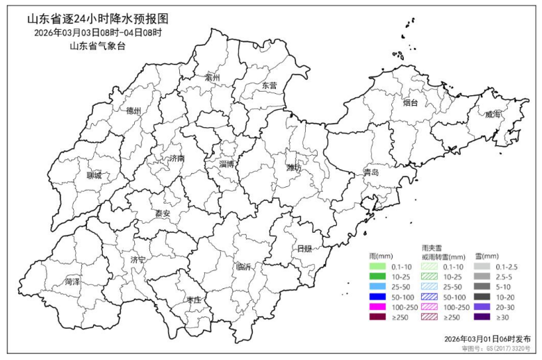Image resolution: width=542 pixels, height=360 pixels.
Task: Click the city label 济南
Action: (x=176, y=158)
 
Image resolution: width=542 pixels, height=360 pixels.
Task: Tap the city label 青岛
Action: (x=371, y=172)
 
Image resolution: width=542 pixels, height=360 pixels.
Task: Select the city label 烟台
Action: (x=410, y=103)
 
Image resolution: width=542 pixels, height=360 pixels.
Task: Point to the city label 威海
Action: (x=493, y=114)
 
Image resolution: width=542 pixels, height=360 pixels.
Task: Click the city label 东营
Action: (x=269, y=85)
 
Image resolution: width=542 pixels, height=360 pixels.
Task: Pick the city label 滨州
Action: (x=212, y=78)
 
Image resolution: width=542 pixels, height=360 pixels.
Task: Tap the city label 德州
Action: (x=133, y=111)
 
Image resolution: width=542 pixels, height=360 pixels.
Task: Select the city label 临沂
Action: (x=243, y=266)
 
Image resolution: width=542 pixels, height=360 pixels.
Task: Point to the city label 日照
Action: (x=304, y=248)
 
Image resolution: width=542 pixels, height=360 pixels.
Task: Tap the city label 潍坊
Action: (x=294, y=167)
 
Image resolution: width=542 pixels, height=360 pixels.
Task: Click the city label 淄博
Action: (x=226, y=164)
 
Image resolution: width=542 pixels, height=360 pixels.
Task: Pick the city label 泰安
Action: (x=162, y=213)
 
